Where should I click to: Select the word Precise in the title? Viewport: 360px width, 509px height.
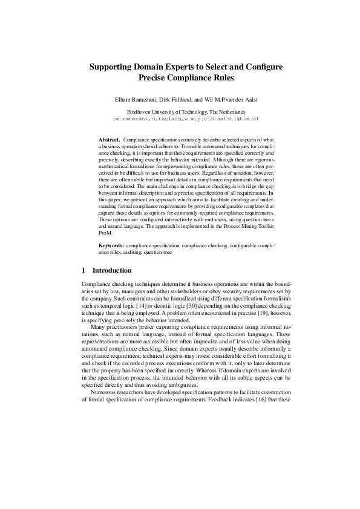point(157,78)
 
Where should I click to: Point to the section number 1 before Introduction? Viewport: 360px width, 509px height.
point(83,270)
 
